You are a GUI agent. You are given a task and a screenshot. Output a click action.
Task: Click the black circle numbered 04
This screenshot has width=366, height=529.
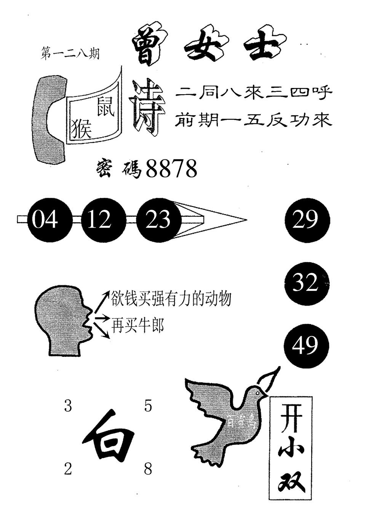click(x=45, y=220)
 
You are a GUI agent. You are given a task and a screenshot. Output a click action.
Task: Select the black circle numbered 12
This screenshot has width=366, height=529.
click(x=99, y=220)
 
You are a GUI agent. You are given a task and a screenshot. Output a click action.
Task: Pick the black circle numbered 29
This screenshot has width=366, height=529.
click(x=306, y=220)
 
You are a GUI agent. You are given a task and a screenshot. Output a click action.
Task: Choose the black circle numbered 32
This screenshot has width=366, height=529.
click(x=306, y=283)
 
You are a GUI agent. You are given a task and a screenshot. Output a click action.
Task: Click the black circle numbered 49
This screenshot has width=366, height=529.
click(x=306, y=346)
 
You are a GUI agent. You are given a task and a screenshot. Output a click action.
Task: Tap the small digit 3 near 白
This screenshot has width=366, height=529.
click(x=68, y=406)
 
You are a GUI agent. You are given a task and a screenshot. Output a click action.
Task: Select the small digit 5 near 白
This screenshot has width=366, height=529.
click(x=148, y=406)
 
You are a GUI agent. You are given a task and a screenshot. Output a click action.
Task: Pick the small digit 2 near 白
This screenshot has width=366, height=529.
click(x=68, y=469)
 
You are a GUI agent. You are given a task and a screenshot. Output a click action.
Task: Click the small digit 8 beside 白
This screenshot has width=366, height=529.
click(x=148, y=469)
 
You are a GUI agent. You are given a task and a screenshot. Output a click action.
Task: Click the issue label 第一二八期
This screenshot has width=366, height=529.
click(x=70, y=55)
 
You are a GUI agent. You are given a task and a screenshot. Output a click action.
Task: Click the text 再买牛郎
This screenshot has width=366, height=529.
click(x=137, y=326)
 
